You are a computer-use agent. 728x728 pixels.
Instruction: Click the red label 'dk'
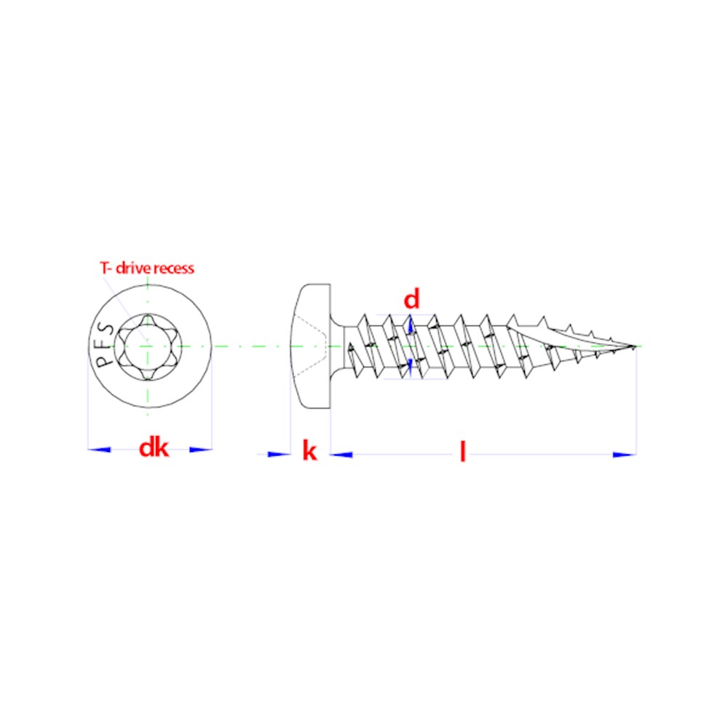[154, 448]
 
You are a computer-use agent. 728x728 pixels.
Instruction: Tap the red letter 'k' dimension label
[309, 451]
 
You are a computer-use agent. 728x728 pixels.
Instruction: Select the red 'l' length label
[462, 452]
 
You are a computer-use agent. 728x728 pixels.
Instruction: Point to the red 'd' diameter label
[411, 299]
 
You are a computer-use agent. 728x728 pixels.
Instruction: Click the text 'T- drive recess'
[147, 268]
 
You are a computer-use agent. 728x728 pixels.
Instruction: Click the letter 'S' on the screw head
[107, 329]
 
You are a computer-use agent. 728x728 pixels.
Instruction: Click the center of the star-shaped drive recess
[148, 347]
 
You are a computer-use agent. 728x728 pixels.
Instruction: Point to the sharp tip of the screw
[636, 346]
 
